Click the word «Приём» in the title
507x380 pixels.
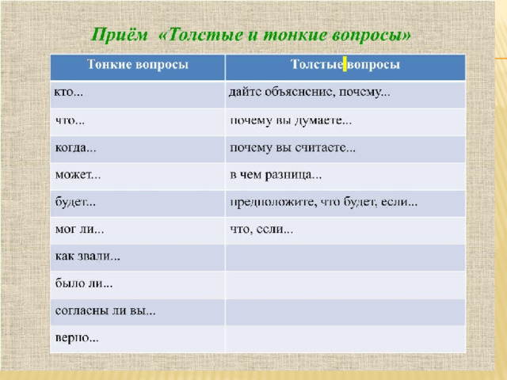click(x=120, y=35)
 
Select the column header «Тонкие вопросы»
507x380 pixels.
click(x=138, y=64)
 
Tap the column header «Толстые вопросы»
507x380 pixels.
click(x=345, y=64)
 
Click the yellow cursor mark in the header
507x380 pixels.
click(x=345, y=64)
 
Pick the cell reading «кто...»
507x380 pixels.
click(x=68, y=93)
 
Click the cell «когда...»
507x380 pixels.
click(x=76, y=148)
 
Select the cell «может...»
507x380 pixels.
click(x=78, y=175)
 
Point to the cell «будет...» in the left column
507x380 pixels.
click(x=75, y=202)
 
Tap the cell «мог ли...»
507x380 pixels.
click(x=79, y=229)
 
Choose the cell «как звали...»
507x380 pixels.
click(x=88, y=256)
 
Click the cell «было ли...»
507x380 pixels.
click(x=84, y=283)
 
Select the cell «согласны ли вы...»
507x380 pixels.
click(x=105, y=310)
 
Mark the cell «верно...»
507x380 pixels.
click(x=77, y=338)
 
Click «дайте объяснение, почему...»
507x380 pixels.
click(x=310, y=93)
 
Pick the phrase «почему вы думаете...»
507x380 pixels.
click(x=291, y=121)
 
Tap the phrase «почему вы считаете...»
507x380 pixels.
click(x=292, y=148)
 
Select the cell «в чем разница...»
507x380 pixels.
click(x=276, y=175)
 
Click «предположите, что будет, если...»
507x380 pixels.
click(x=324, y=203)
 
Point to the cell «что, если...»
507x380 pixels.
click(x=261, y=230)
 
